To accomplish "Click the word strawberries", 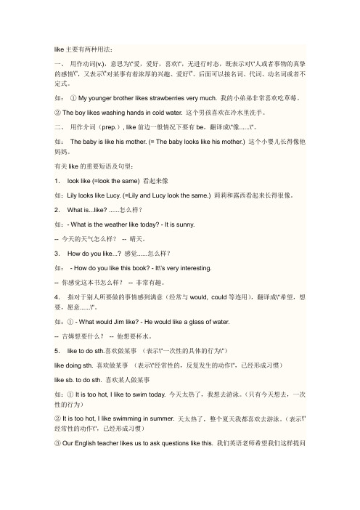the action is click(x=168, y=97).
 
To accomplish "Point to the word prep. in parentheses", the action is click(x=118, y=128).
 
